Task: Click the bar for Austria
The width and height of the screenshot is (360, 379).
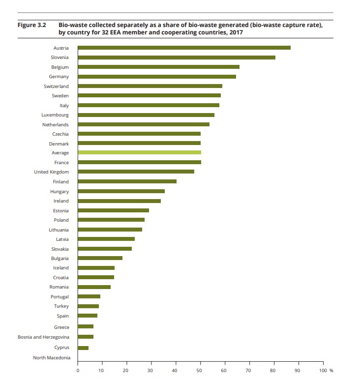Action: [184, 48]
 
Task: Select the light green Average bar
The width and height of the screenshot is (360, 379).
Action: [139, 153]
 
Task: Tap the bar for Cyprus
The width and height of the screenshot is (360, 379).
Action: [83, 348]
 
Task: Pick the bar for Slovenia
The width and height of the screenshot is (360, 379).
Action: [176, 58]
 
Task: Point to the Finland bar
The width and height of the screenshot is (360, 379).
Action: [127, 181]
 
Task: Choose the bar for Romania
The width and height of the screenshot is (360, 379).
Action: [94, 287]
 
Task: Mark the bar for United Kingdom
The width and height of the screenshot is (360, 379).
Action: [136, 172]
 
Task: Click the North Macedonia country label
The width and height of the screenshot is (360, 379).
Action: [51, 357]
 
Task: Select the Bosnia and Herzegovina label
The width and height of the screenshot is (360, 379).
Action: [43, 337]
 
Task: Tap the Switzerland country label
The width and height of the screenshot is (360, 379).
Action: [56, 86]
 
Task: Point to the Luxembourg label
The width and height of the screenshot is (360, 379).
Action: [55, 115]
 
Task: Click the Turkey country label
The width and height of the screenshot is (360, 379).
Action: [61, 306]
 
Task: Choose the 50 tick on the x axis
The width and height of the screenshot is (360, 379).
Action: [200, 370]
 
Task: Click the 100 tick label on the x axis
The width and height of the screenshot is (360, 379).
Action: [322, 370]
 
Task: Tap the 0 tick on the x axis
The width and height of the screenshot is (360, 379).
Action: [78, 370]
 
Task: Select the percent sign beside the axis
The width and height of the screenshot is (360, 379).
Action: [331, 370]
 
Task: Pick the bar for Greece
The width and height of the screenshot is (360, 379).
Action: [86, 326]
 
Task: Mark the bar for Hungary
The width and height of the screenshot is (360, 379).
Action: [121, 191]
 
